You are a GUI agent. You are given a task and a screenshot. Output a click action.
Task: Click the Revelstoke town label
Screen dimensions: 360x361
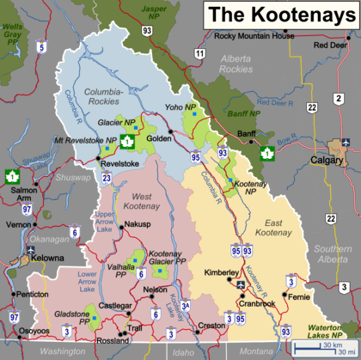119,162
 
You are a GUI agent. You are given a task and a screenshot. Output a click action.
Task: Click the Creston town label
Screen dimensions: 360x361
211,326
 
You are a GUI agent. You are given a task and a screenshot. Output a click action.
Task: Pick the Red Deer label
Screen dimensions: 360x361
330,45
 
